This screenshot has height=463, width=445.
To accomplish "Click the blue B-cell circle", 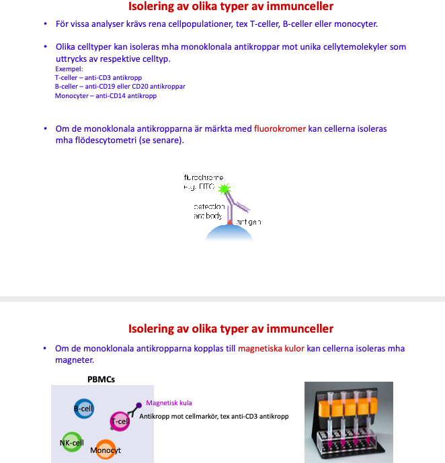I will click(83, 409).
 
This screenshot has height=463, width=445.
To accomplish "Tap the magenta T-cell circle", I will click(120, 421).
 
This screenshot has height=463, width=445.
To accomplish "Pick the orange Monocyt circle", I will click(106, 450).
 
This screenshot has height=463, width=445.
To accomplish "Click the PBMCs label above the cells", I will click(101, 379).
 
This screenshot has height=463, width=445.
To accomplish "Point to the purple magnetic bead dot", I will click(139, 405).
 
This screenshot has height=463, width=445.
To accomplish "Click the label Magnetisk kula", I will click(169, 403).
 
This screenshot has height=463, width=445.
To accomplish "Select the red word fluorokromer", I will click(280, 128).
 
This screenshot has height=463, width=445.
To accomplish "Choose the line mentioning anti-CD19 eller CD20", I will click(120, 87).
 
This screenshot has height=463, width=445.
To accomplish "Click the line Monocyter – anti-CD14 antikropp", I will click(106, 96).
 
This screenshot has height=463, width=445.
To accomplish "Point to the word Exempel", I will click(69, 69).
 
